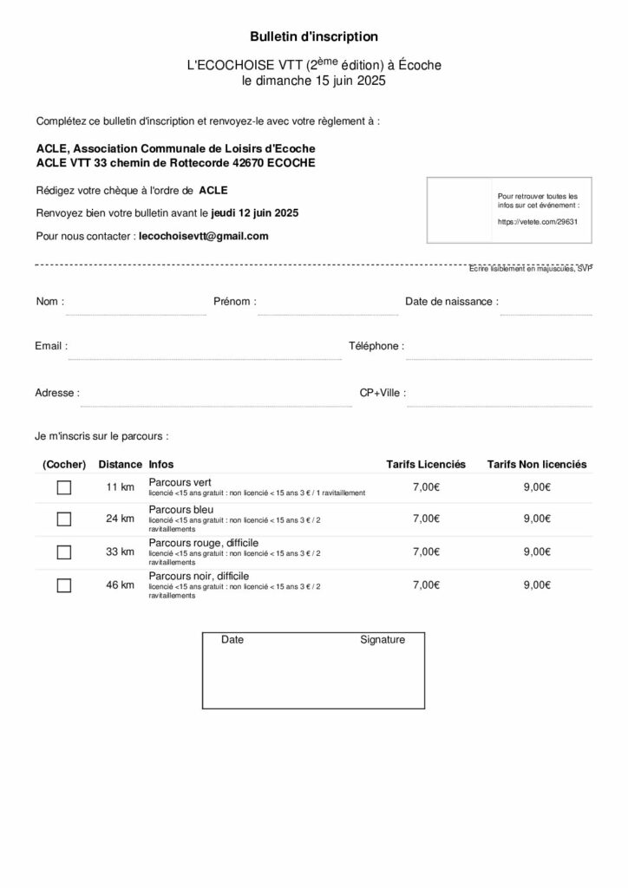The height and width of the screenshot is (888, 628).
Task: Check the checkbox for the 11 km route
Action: click(x=63, y=487)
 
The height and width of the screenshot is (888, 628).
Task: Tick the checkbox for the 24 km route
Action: click(x=63, y=519)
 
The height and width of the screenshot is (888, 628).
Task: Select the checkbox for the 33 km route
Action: click(x=63, y=552)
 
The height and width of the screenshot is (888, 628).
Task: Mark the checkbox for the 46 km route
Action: click(x=63, y=585)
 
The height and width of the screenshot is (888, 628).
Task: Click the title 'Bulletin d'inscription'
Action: click(x=314, y=36)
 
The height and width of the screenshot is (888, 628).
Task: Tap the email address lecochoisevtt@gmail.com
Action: click(x=204, y=235)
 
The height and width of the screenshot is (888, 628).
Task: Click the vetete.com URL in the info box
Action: click(x=538, y=221)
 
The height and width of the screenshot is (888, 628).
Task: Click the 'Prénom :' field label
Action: click(x=234, y=302)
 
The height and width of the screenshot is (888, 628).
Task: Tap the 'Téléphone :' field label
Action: click(x=376, y=346)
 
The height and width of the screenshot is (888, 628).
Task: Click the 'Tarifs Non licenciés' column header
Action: click(x=536, y=465)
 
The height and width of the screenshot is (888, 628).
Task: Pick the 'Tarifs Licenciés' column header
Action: click(x=426, y=465)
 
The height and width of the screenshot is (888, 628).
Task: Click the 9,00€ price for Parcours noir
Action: click(x=537, y=585)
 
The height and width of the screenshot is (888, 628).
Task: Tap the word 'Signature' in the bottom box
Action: click(x=383, y=640)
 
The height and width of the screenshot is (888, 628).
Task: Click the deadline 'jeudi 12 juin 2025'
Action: click(x=255, y=212)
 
